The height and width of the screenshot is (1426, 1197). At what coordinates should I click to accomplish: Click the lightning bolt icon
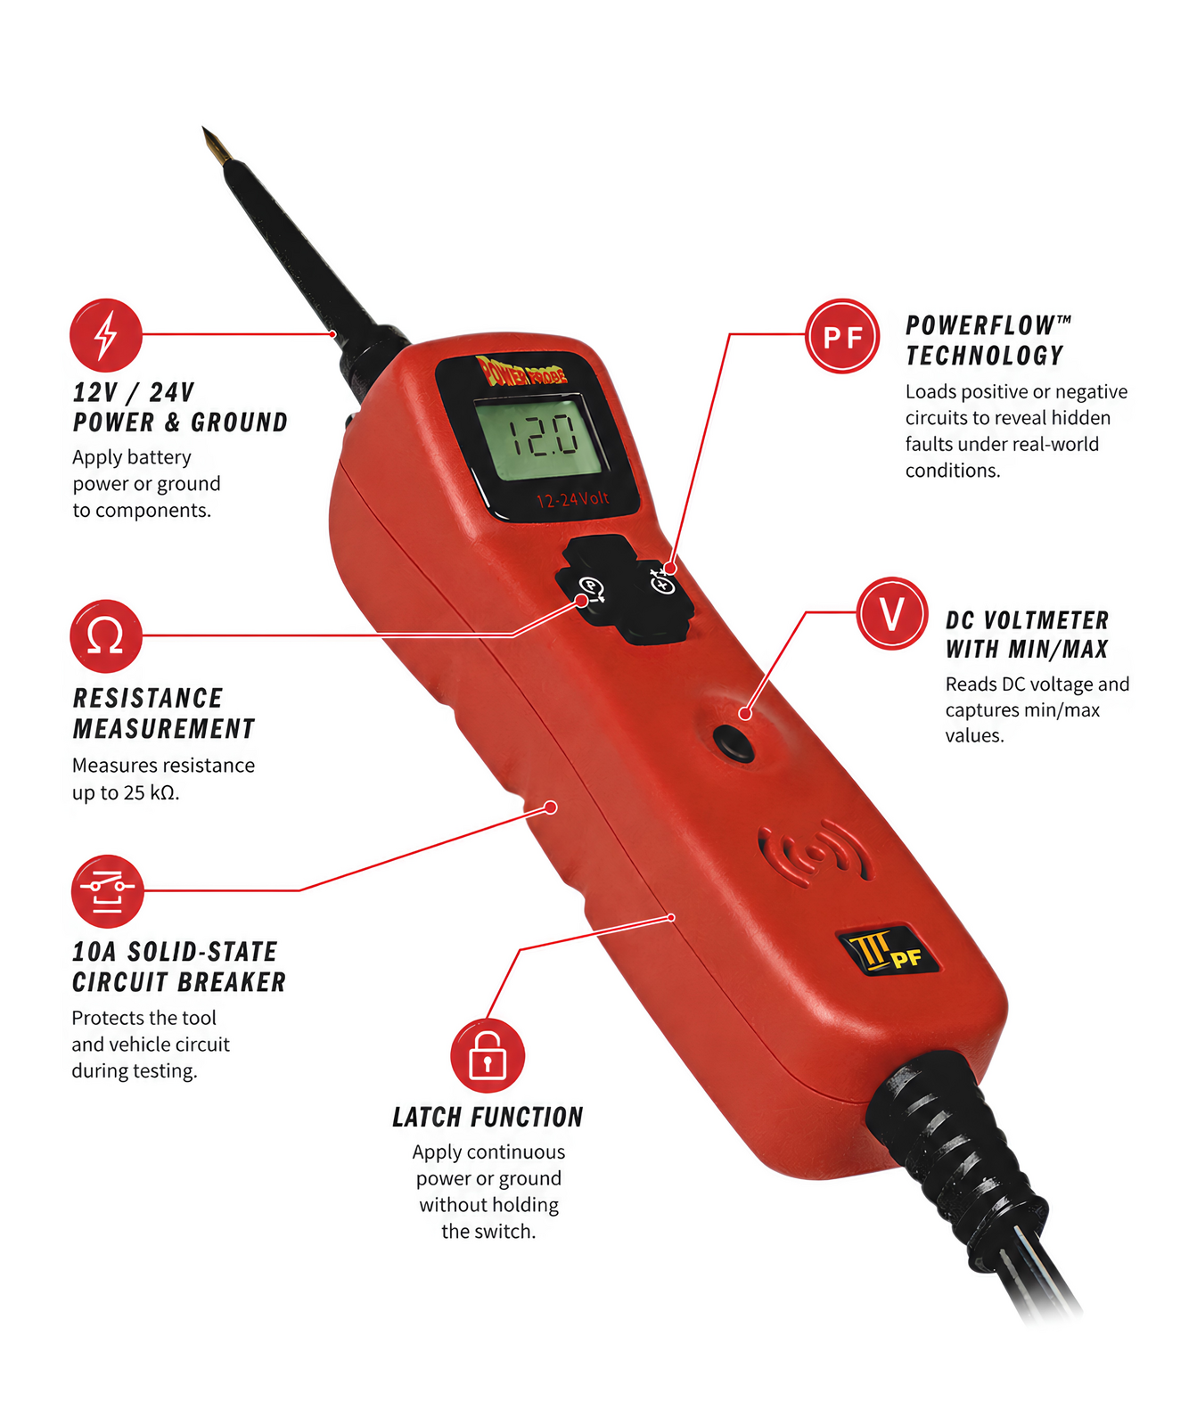click(x=106, y=335)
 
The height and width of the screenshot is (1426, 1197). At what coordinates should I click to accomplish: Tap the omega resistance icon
click(x=106, y=636)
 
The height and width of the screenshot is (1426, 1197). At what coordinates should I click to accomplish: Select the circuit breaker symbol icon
click(x=107, y=891)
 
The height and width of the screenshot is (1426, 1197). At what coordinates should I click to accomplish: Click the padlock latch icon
click(x=488, y=1055)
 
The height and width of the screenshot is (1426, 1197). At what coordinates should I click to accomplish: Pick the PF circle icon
click(x=842, y=336)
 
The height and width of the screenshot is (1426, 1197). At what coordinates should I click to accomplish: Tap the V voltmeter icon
click(x=892, y=613)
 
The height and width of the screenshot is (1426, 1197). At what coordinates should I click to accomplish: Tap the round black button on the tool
click(x=734, y=742)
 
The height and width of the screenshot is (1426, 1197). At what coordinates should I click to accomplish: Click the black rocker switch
click(x=625, y=589)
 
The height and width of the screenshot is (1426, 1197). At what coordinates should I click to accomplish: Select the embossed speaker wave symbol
click(x=815, y=854)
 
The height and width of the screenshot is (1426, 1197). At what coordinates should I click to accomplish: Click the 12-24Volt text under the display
click(x=572, y=499)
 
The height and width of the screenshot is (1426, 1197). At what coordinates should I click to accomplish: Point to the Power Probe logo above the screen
click(x=521, y=372)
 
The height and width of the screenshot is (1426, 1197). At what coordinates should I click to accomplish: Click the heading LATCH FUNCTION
click(x=488, y=1117)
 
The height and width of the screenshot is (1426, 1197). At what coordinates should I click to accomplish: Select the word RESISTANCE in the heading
click(x=148, y=698)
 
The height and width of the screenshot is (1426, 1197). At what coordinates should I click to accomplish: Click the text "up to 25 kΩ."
click(x=126, y=792)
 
